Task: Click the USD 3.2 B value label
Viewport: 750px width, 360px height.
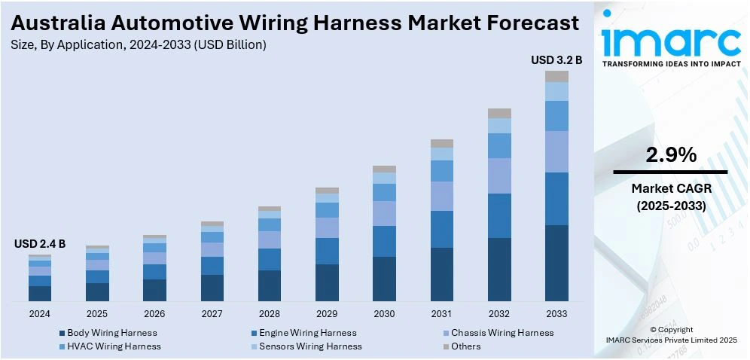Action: click(556, 59)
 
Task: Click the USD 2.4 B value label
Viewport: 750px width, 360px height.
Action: click(40, 244)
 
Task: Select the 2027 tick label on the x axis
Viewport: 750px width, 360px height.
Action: click(212, 313)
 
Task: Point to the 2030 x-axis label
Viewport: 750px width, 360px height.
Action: click(384, 313)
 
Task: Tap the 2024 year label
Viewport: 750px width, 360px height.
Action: click(40, 313)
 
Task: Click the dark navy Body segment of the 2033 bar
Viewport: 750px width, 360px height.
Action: click(556, 263)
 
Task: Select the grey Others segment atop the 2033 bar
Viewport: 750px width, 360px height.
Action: click(556, 76)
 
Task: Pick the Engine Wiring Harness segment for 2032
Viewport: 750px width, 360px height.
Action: click(499, 216)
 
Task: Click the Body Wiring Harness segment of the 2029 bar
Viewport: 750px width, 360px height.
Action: click(327, 282)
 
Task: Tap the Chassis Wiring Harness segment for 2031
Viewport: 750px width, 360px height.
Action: click(442, 196)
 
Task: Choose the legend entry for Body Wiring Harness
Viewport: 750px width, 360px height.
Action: click(111, 333)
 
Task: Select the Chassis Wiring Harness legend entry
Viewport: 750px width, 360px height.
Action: click(501, 333)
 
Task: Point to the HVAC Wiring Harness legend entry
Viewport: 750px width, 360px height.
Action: click(114, 346)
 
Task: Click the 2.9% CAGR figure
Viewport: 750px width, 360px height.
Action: click(671, 155)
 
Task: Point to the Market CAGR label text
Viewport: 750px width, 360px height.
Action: click(671, 188)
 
